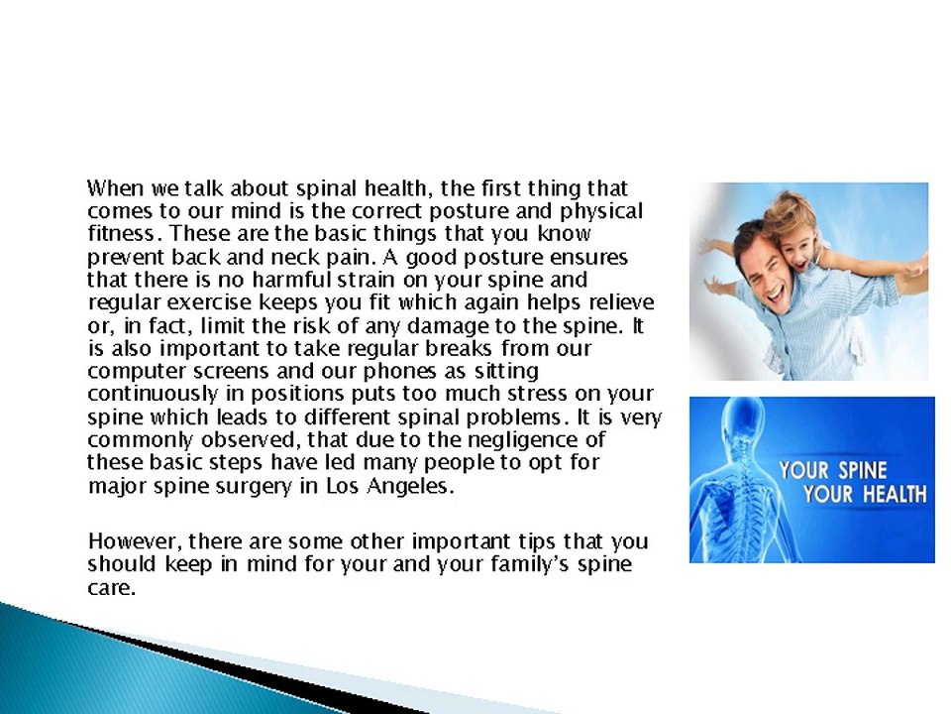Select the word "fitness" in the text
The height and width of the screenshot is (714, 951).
118,234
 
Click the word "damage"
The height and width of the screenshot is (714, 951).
448,327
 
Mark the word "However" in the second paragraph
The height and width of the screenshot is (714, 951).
134,541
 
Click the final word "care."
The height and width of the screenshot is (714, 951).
111,588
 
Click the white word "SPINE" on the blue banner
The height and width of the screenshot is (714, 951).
863,470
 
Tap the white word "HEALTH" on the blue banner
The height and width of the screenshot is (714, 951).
895,494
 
